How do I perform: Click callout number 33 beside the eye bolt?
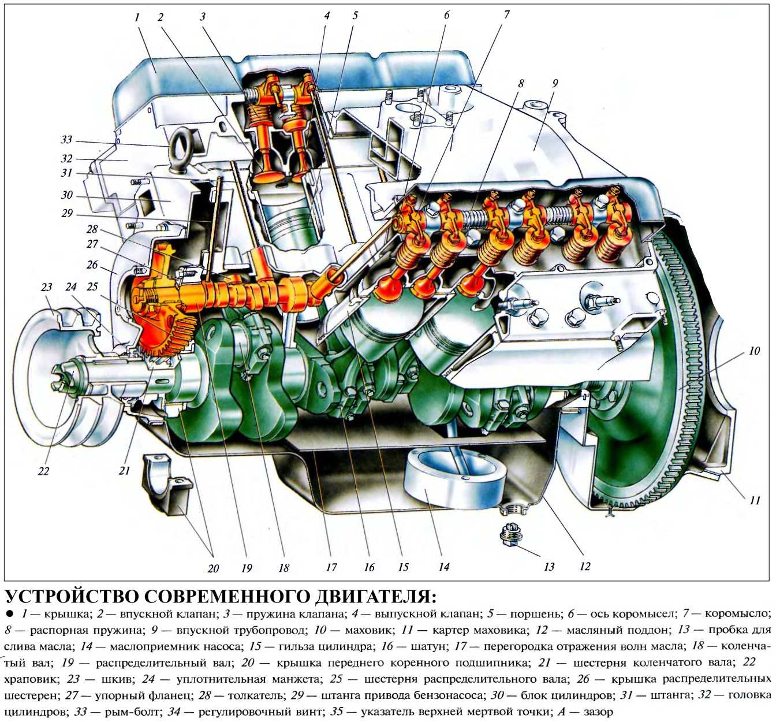[66, 140]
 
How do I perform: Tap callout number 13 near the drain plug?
[549, 567]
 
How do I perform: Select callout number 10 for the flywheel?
[754, 351]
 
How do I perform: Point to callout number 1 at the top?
[137, 17]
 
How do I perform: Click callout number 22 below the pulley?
[44, 471]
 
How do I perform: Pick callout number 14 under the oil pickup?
[443, 567]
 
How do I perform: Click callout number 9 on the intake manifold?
[555, 83]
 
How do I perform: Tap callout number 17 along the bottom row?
[331, 567]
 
